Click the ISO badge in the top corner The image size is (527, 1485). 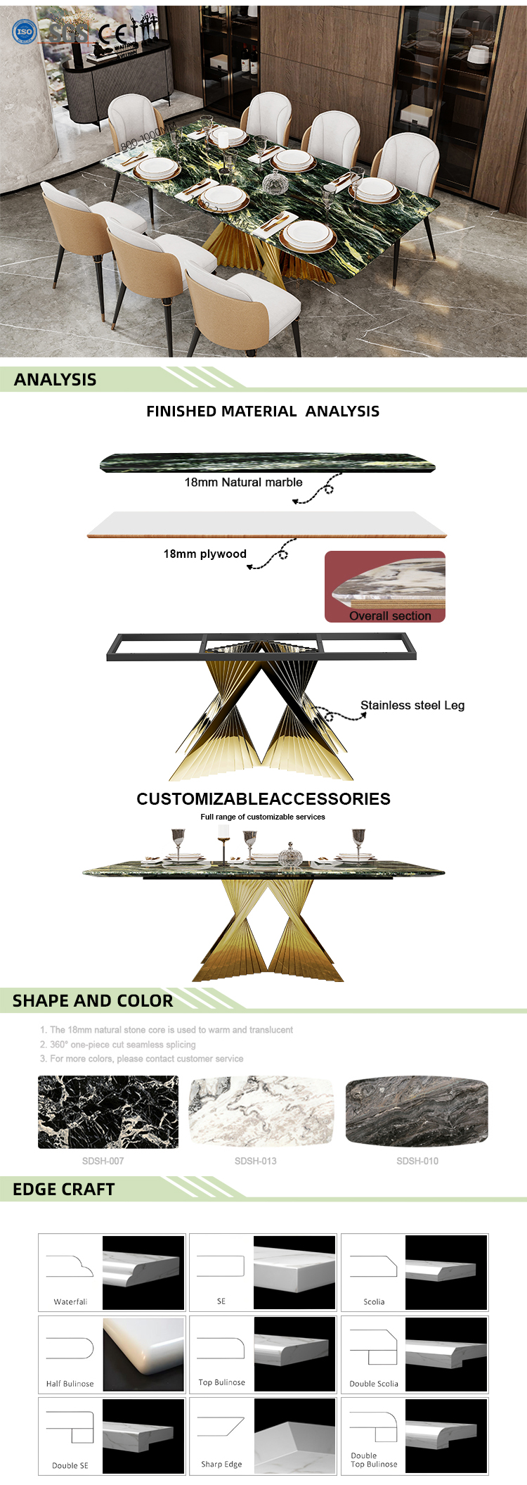coord(24,31)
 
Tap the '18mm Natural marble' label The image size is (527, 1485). coord(243,482)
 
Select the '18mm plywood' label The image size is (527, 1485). coord(204,554)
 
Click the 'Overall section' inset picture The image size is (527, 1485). coord(385,586)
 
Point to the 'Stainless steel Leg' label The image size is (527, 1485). coord(412,705)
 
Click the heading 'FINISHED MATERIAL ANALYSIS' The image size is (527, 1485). coord(263,412)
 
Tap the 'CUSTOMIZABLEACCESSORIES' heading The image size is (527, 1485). coord(263,798)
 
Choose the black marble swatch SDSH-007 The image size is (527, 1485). coord(108,1111)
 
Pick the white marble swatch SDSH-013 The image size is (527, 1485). coord(261,1111)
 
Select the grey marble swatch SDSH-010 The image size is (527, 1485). coord(417,1111)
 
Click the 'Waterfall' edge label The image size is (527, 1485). coord(70,1301)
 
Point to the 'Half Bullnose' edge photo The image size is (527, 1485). coord(143,1354)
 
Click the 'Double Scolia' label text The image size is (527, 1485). coord(374,1384)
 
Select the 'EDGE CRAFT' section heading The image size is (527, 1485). coord(63,1189)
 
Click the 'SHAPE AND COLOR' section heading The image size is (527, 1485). coord(93,1000)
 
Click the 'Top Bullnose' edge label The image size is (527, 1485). coord(222,1382)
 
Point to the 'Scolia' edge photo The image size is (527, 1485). coord(446,1272)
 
